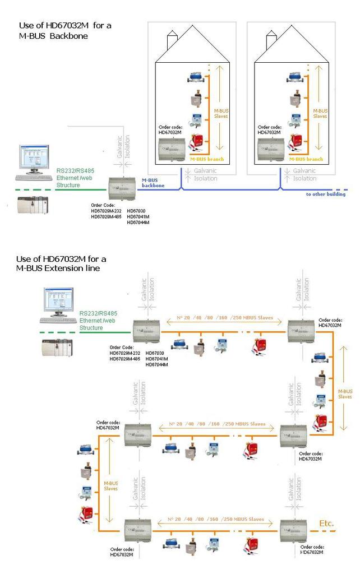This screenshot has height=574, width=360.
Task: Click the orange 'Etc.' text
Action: tap(326, 524)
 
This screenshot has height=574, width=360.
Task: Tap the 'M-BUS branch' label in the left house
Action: tap(207, 159)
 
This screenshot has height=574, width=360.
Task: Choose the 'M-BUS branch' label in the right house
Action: tap(306, 159)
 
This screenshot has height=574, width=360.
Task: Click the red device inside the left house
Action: tap(197, 141)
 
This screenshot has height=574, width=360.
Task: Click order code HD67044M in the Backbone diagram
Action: tap(137, 223)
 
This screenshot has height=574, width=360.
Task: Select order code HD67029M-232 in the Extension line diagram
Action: tap(127, 353)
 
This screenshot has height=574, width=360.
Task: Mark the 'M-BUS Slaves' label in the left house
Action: tap(221, 113)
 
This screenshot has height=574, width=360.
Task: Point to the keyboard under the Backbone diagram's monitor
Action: tap(34, 178)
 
